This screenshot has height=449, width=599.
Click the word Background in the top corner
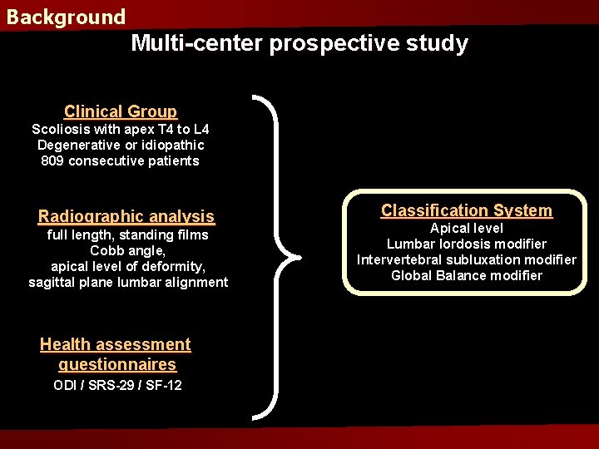click(x=66, y=17)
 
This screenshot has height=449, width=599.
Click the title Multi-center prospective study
click(x=299, y=43)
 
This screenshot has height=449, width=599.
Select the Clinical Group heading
click(x=121, y=111)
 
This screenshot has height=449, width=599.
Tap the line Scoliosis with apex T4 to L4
click(x=121, y=130)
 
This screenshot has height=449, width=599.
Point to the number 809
click(x=52, y=161)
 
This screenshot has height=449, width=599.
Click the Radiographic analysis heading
click(x=126, y=217)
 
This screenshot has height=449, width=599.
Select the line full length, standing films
click(x=128, y=235)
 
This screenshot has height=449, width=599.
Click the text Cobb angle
click(x=128, y=251)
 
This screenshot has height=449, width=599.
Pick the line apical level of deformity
click(x=128, y=267)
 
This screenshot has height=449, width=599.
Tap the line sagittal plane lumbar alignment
click(x=128, y=283)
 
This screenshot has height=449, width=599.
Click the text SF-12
click(x=164, y=385)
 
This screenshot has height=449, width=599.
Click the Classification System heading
click(x=467, y=211)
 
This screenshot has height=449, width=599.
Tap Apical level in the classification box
click(x=467, y=228)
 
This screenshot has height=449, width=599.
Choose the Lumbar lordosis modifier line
click(x=467, y=244)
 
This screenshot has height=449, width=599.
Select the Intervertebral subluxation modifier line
click(x=467, y=259)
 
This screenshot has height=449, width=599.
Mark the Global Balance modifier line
click(x=467, y=275)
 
